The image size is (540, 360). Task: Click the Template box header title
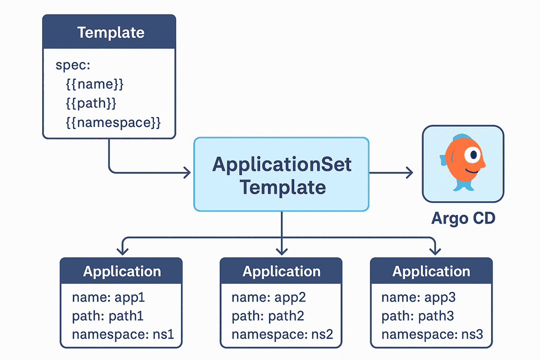(x=110, y=33)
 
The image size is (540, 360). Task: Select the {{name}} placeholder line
(x=95, y=85)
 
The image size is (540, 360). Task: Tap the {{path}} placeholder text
(x=91, y=104)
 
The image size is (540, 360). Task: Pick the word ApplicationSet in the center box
(x=282, y=164)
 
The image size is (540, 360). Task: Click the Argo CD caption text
(x=463, y=218)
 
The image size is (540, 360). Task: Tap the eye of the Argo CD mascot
(x=472, y=155)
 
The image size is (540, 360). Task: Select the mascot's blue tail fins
(x=463, y=185)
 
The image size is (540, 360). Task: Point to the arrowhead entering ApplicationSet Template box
(x=188, y=173)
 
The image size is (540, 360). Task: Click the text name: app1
(x=108, y=297)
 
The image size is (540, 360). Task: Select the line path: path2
(x=268, y=316)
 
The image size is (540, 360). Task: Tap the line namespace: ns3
(x=432, y=334)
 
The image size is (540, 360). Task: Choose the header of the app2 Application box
(x=281, y=271)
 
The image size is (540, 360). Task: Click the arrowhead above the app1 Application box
(x=123, y=251)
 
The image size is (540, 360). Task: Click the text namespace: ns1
(x=123, y=334)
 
